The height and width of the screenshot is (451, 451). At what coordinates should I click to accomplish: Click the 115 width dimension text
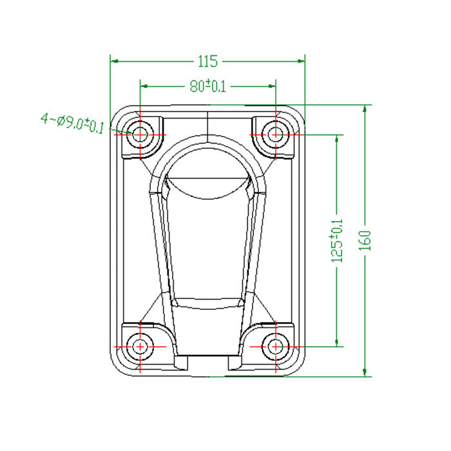[207, 61]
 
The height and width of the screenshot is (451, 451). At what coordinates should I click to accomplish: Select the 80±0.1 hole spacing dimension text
[207, 86]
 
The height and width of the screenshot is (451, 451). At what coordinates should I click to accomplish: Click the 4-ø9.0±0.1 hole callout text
[72, 122]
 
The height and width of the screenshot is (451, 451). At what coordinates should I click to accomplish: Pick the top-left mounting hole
[140, 135]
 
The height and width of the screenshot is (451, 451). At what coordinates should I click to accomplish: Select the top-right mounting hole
[276, 135]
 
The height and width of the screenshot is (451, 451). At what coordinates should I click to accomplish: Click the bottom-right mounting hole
[276, 346]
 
